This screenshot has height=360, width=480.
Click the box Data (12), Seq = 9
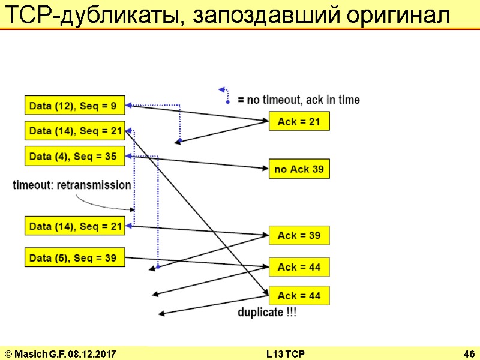[74, 106]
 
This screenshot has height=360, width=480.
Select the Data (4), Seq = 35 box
[74, 156]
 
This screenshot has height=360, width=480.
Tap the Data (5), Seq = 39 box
[74, 257]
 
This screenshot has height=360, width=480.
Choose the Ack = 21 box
[299, 122]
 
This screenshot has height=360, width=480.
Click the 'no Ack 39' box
[299, 169]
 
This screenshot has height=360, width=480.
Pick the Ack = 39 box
[299, 235]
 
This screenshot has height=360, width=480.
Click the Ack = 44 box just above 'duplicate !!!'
[299, 296]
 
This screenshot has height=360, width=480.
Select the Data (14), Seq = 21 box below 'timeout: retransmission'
[74, 226]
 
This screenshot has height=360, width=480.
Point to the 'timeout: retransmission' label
[72, 185]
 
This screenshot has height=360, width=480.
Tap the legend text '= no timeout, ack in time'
[299, 100]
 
